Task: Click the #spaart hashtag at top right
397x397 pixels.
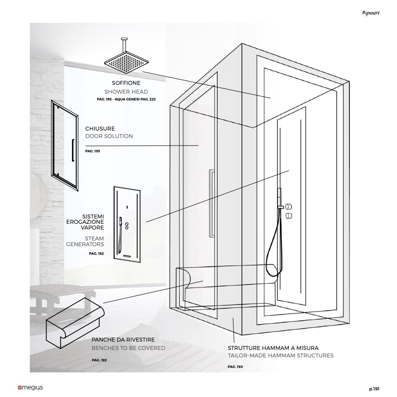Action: click(371, 13)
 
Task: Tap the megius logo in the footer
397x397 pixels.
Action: click(30, 388)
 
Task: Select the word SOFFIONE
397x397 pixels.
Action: click(126, 83)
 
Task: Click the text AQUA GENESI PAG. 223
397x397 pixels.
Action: click(135, 99)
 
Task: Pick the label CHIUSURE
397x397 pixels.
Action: click(100, 128)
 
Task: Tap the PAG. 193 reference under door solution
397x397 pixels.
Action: click(93, 151)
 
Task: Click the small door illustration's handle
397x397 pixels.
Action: click(73, 150)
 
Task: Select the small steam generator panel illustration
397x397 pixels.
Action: click(127, 225)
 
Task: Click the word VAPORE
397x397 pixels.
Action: click(92, 227)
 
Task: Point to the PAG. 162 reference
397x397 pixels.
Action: click(96, 253)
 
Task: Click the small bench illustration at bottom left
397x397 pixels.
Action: click(75, 323)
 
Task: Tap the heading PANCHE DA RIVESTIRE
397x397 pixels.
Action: click(123, 339)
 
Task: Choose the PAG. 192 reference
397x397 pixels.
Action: click(99, 360)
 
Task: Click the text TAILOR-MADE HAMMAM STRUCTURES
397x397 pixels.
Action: click(280, 356)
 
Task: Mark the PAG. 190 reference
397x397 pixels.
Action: click(235, 367)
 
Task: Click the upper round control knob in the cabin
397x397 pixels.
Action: click(289, 206)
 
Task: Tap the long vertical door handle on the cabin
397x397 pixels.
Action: click(212, 203)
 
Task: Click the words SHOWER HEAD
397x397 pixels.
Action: click(126, 91)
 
